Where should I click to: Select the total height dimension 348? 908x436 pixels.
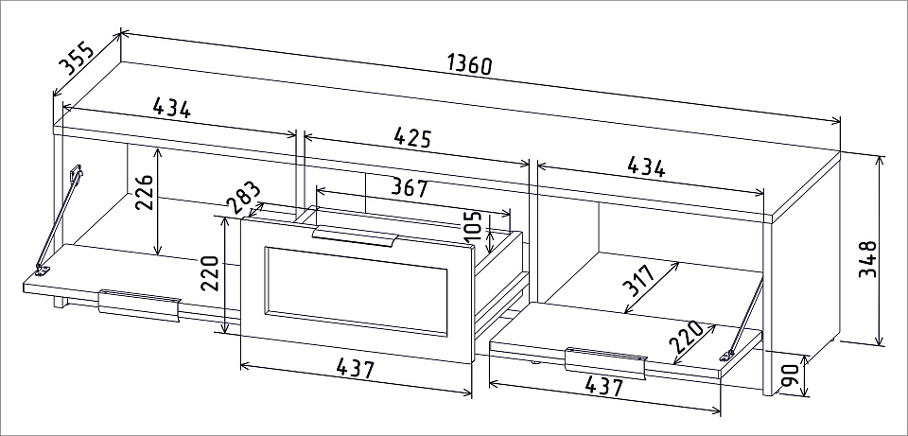(x=867, y=259)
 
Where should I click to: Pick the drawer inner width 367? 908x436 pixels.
(x=410, y=187)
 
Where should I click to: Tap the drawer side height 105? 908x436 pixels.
(x=473, y=226)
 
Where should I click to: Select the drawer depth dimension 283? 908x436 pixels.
(x=243, y=198)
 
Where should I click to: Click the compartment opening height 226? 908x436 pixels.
(x=145, y=192)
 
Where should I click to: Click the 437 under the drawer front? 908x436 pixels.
(x=356, y=368)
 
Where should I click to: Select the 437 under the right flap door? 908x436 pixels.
(x=603, y=386)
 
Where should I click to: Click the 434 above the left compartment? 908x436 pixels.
(x=171, y=108)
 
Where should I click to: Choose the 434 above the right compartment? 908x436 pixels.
(x=646, y=166)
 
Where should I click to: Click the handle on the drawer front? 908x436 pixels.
(x=356, y=236)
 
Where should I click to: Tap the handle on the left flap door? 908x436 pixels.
(x=140, y=305)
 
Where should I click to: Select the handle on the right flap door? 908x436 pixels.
(x=605, y=363)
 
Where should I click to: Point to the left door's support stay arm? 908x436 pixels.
(x=59, y=220)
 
